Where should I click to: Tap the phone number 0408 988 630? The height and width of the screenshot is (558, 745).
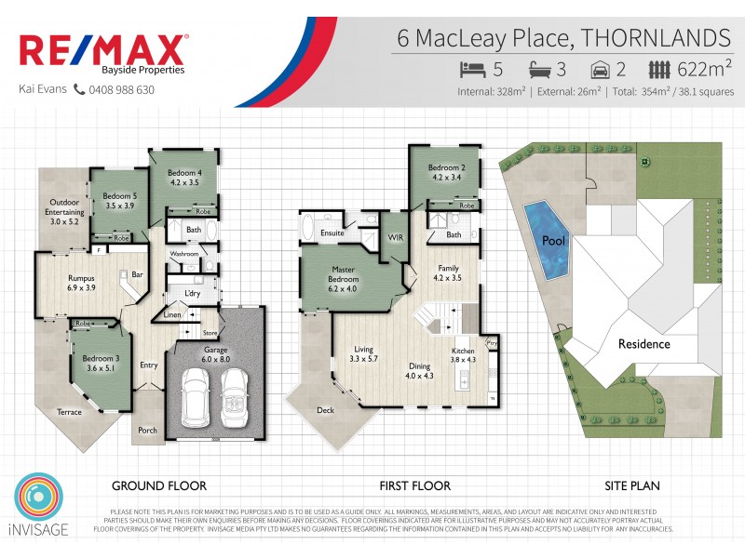(121, 90)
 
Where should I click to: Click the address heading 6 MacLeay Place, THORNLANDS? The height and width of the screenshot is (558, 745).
(563, 38)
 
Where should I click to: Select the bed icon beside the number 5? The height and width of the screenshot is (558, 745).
(473, 69)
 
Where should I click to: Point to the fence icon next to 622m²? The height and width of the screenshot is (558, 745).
(659, 69)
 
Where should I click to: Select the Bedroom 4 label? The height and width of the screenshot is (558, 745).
(184, 178)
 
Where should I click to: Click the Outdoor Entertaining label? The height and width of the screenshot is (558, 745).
(64, 212)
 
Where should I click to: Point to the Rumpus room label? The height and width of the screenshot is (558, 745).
(81, 282)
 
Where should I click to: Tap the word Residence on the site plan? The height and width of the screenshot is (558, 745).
(644, 344)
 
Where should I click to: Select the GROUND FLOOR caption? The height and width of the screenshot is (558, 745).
(159, 485)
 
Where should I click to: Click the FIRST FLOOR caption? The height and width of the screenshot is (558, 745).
(414, 485)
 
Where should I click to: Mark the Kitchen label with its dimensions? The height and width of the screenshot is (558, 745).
(463, 353)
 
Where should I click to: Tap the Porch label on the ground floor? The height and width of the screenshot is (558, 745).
(147, 430)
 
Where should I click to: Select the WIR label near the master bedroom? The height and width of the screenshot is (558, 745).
(395, 239)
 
